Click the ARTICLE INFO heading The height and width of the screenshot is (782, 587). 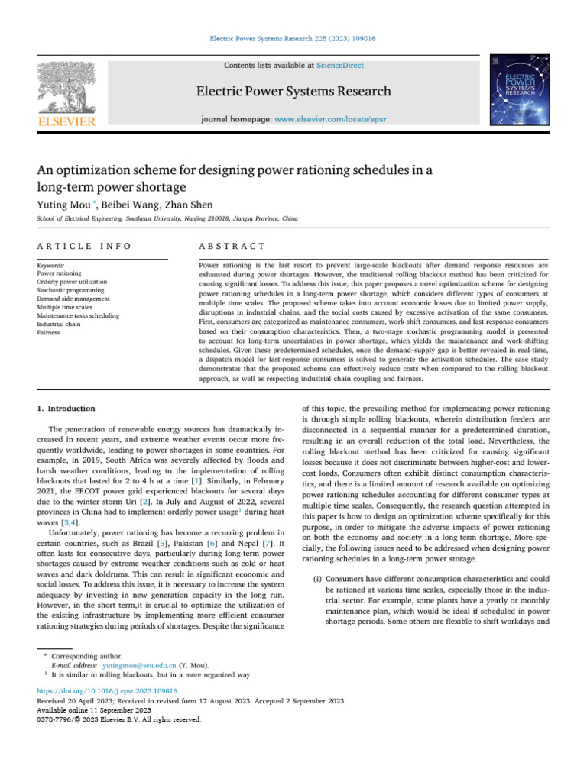pyautogui.click(x=84, y=246)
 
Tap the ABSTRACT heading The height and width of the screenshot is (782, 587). pyautogui.click(x=232, y=246)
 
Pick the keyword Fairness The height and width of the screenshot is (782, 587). pyautogui.click(x=50, y=332)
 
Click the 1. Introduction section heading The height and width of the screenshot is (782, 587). pyautogui.click(x=66, y=409)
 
